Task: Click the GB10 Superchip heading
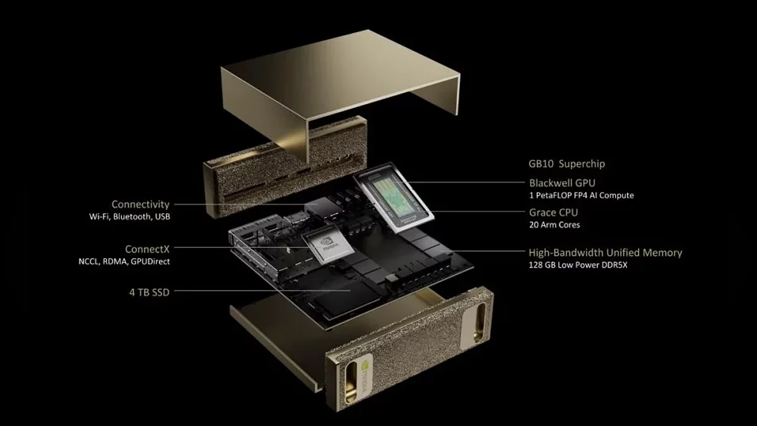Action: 566,164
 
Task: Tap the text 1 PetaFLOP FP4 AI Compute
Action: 581,196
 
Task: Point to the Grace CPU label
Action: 554,212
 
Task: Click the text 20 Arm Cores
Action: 555,225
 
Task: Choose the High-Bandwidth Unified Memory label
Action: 605,252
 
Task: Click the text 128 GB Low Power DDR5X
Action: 578,264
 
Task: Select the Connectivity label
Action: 141,204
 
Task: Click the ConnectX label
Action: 148,249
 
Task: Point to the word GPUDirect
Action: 150,261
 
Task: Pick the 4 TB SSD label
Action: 150,292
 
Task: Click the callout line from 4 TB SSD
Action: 262,290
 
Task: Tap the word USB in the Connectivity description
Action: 163,216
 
